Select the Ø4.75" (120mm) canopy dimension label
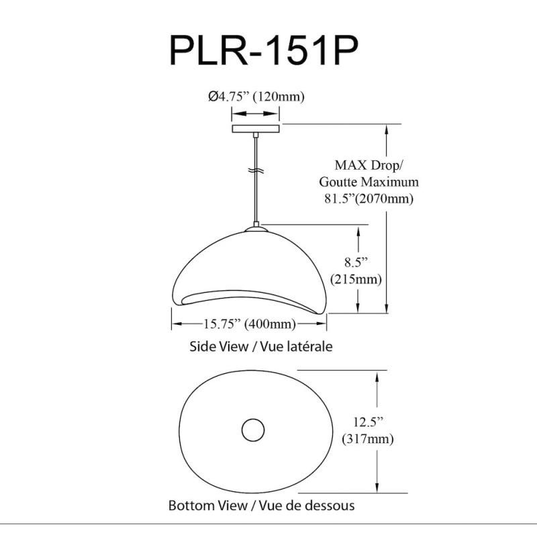[x=256, y=97]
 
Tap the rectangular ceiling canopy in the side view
[x=256, y=129]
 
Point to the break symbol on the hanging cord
[x=256, y=170]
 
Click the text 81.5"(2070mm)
[x=369, y=199]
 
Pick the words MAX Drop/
[x=369, y=165]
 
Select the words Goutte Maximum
[x=369, y=182]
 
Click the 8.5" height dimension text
[x=356, y=262]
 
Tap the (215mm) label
[x=356, y=279]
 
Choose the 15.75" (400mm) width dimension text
[x=250, y=324]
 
